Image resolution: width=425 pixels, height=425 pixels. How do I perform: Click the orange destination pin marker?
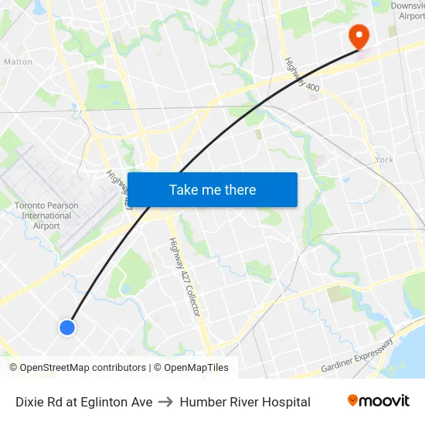[359, 35]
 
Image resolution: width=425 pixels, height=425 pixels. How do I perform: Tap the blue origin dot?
[67, 327]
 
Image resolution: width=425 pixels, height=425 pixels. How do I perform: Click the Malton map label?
[18, 62]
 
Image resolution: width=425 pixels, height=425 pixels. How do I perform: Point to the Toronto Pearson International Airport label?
[46, 216]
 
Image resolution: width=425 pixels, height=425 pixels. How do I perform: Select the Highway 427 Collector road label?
[185, 277]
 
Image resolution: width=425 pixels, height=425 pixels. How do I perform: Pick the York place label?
[384, 159]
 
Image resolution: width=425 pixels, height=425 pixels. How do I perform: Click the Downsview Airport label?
[407, 10]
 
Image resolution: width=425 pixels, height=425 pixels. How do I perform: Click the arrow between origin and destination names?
[166, 402]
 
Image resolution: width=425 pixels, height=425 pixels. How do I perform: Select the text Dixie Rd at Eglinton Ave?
[84, 402]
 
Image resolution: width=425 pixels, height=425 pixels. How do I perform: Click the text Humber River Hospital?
[245, 402]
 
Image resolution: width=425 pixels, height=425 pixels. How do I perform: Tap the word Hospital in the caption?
[286, 402]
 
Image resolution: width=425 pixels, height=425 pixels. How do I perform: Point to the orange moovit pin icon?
[352, 400]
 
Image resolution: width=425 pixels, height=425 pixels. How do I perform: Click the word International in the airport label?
[46, 216]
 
